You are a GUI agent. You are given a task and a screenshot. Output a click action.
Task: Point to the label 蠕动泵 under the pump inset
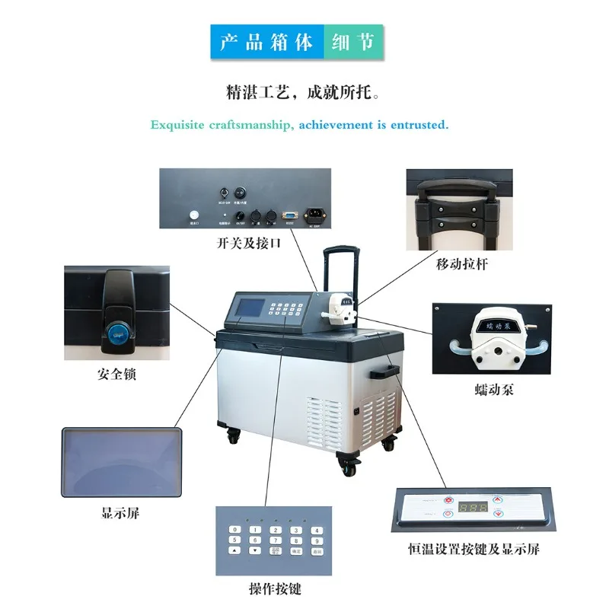pos(492,391)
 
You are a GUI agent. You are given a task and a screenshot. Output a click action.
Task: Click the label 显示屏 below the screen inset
pos(120,512)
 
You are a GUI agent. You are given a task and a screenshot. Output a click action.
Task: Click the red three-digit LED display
pos(473,508)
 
